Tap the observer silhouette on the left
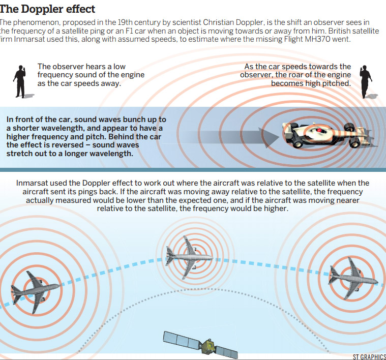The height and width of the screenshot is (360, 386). click(x=20, y=81)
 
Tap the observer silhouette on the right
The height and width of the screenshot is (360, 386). click(x=365, y=81)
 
